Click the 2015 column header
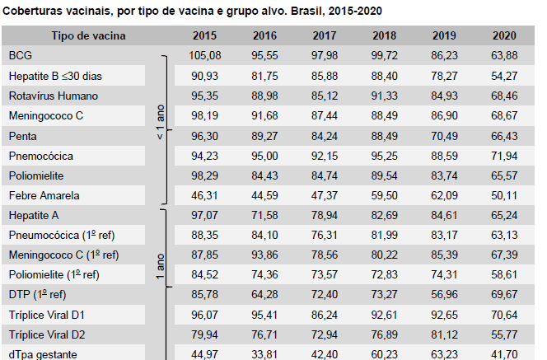click(x=204, y=35)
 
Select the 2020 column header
click(x=504, y=35)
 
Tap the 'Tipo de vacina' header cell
click(x=88, y=35)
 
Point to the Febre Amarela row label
click(x=44, y=195)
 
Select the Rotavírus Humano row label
click(x=54, y=96)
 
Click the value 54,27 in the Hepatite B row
click(x=504, y=76)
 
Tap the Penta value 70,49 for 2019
click(x=444, y=135)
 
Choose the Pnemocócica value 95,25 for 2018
click(x=385, y=155)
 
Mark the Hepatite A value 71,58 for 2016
click(x=264, y=215)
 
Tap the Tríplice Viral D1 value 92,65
click(x=444, y=315)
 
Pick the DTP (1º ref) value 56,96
click(x=444, y=295)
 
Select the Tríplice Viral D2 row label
click(x=47, y=335)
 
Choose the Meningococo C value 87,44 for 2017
click(x=325, y=115)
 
